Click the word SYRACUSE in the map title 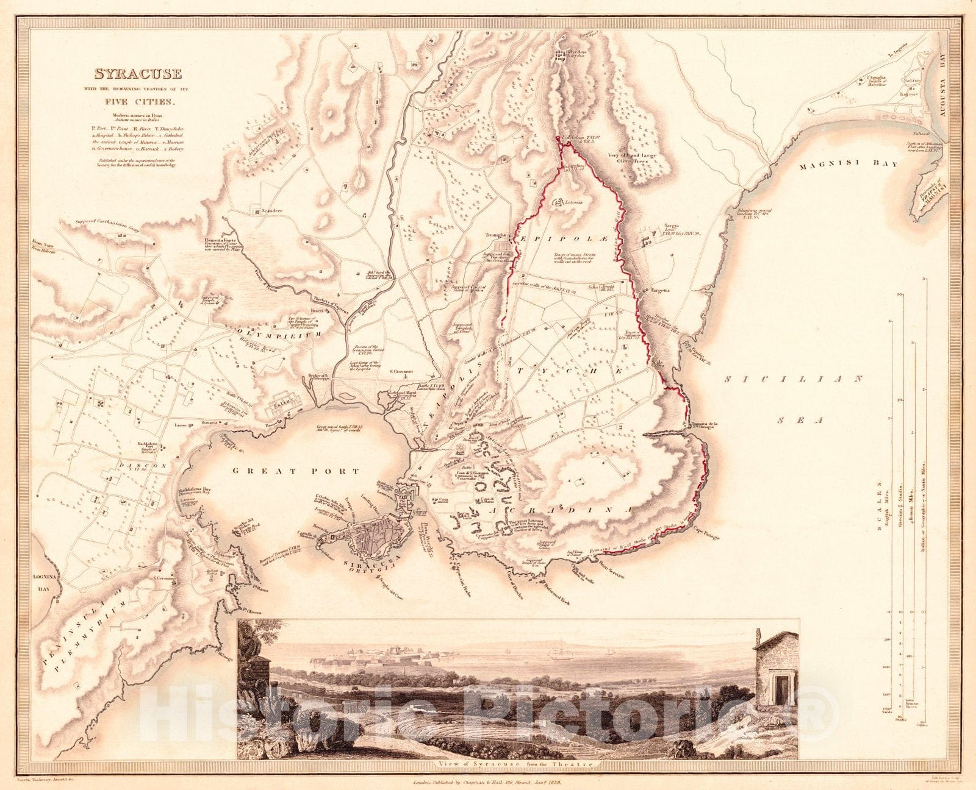coord(137,74)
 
